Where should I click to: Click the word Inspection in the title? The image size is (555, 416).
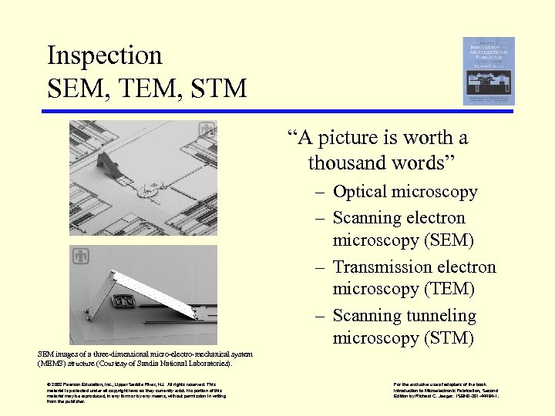(x=104, y=55)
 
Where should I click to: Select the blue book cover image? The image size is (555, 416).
(x=488, y=71)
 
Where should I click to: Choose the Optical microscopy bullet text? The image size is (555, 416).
(x=405, y=192)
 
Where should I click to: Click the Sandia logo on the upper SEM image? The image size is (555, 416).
(x=207, y=130)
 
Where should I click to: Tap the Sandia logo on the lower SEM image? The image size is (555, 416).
(x=80, y=255)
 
